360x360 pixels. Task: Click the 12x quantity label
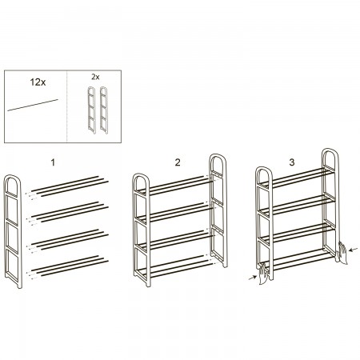click(38, 82)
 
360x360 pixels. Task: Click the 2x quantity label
click(95, 77)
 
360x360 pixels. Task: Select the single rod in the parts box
click(33, 105)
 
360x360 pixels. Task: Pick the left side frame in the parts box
click(92, 110)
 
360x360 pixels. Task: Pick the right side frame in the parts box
click(104, 110)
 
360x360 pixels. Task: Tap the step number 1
click(53, 162)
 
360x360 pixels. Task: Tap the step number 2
click(178, 162)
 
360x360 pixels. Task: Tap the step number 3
click(292, 162)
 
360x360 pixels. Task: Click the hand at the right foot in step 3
click(343, 252)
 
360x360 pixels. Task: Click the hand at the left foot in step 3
click(263, 274)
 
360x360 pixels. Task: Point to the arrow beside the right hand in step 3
click(354, 250)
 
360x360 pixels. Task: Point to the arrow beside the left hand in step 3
click(252, 278)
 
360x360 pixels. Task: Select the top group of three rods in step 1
click(70, 186)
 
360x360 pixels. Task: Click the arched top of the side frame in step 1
click(13, 178)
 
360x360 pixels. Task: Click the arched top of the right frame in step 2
click(218, 157)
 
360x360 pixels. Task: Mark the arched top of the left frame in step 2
click(141, 177)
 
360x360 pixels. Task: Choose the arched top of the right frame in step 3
click(330, 151)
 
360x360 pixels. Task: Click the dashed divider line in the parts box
click(66, 106)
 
